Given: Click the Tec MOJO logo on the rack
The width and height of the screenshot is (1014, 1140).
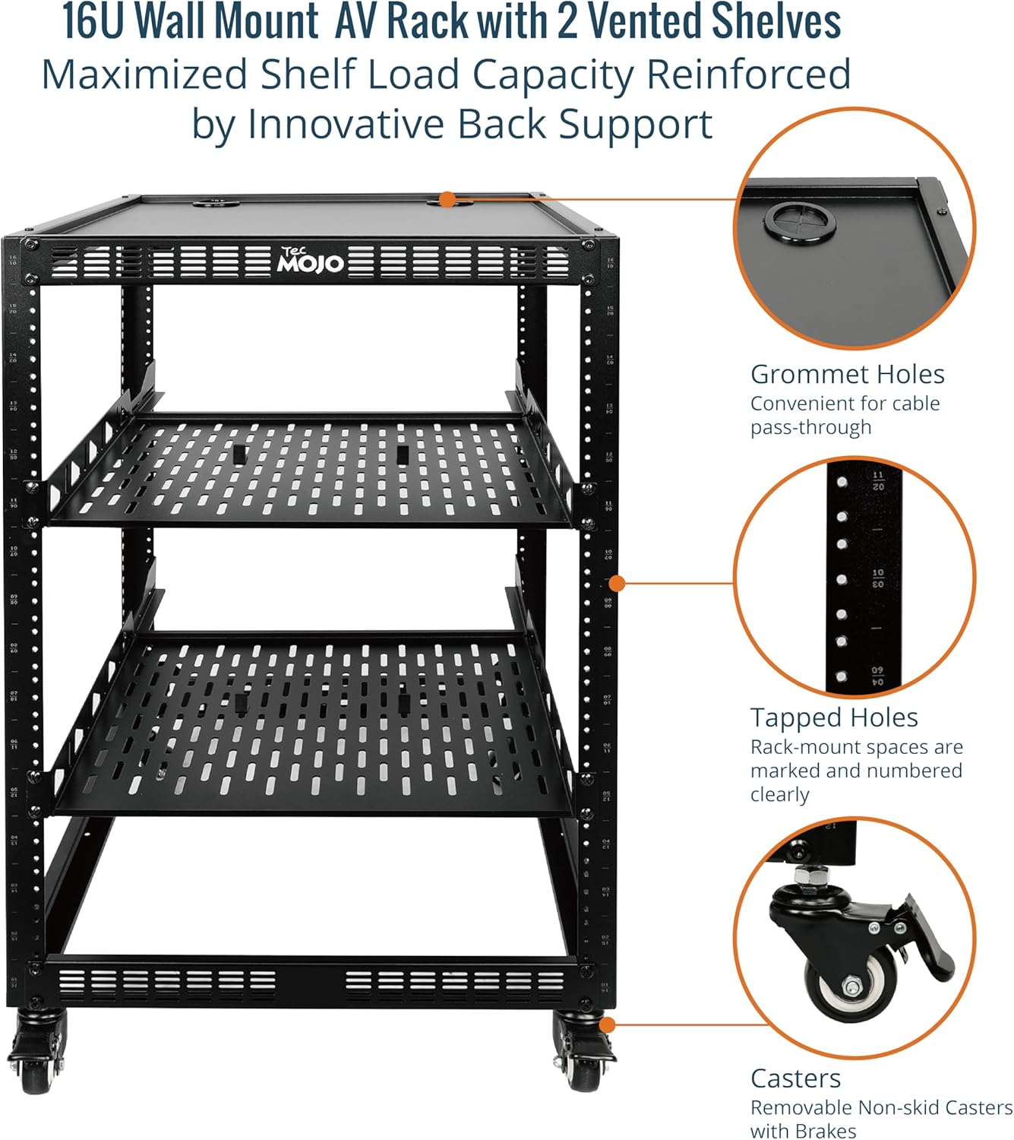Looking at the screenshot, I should tap(311, 260).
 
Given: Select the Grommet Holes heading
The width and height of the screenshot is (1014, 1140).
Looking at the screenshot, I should tap(847, 374).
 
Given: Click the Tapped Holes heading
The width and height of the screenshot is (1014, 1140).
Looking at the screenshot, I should tap(834, 717).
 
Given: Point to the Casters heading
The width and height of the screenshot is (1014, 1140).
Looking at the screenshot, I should tap(795, 1078).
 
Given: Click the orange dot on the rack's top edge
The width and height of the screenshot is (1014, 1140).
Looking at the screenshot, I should tap(448, 200).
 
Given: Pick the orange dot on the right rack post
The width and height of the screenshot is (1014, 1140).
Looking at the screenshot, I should tap(618, 583).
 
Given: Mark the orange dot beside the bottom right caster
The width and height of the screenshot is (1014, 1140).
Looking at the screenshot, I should tap(606, 1024).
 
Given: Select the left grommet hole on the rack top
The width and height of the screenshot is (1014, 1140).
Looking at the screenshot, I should tap(216, 202).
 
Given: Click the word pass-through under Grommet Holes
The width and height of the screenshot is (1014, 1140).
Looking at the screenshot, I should tap(810, 427).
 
